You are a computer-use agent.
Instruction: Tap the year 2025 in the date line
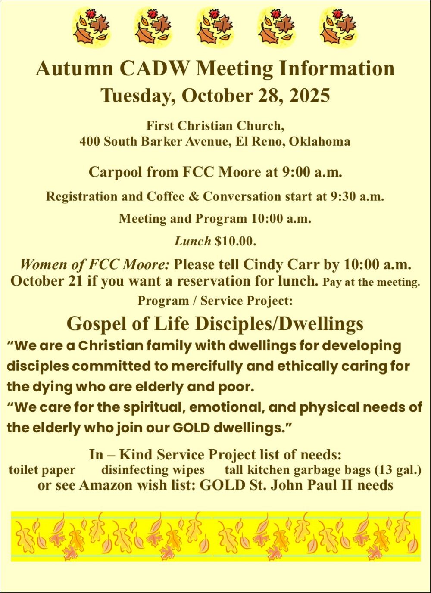point(309,96)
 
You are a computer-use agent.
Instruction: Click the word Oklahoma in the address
point(319,142)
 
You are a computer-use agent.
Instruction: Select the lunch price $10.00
point(235,242)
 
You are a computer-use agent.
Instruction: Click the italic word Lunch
point(193,242)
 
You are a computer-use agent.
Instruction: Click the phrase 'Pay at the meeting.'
point(371,283)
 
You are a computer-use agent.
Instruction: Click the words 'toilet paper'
point(42,470)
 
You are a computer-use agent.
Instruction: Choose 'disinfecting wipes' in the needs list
point(153,470)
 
